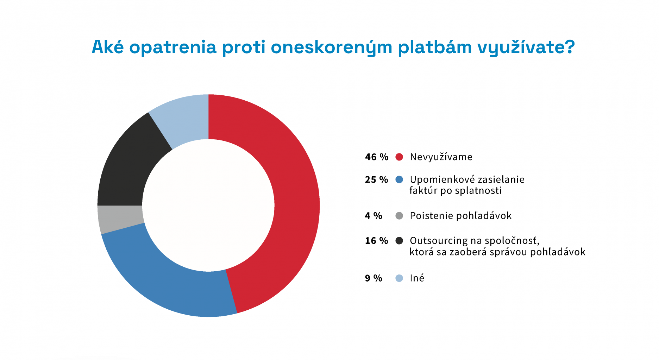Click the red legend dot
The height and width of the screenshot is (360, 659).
pyautogui.click(x=399, y=157)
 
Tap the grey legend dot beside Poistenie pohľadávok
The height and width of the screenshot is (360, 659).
pyautogui.click(x=399, y=216)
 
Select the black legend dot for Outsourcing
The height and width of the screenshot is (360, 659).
pyautogui.click(x=399, y=241)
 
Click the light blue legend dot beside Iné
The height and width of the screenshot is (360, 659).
pyautogui.click(x=399, y=278)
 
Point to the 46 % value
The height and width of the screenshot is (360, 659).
pyautogui.click(x=376, y=157)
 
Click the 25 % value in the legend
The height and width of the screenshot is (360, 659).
pyautogui.click(x=376, y=180)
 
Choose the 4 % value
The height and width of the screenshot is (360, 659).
pyautogui.click(x=374, y=216)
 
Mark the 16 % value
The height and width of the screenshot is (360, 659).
pyautogui.click(x=376, y=241)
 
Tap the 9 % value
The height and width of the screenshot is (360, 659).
pyautogui.click(x=374, y=278)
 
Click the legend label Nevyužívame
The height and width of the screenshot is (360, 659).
pyautogui.click(x=441, y=157)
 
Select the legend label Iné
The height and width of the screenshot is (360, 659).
pyautogui.click(x=417, y=278)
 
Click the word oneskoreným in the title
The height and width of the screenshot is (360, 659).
pyautogui.click(x=331, y=48)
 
